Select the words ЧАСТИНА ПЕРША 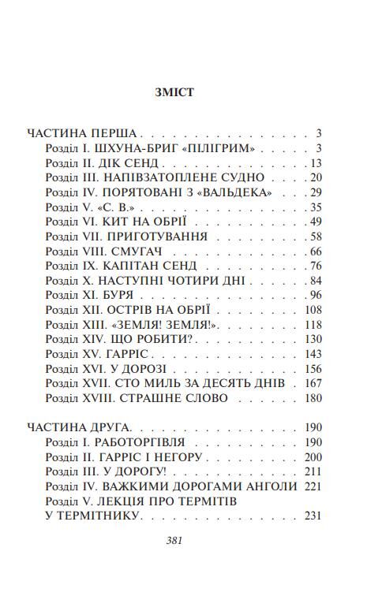(x=81, y=133)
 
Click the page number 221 (x=313, y=486)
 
